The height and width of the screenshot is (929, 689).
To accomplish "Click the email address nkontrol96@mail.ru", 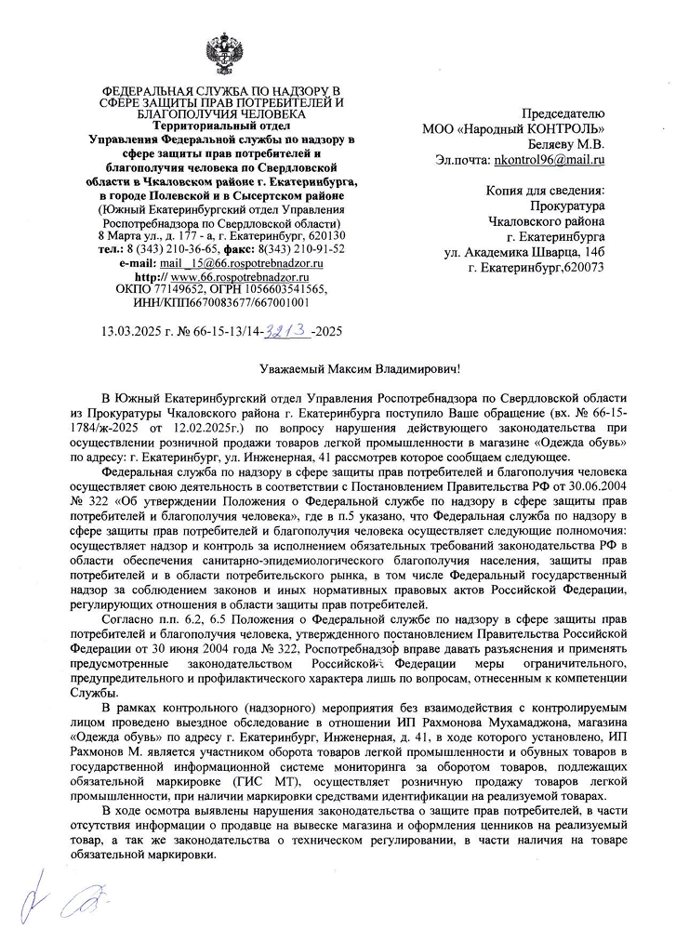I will click(549, 160).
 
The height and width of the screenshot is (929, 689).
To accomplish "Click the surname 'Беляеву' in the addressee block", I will click(551, 144).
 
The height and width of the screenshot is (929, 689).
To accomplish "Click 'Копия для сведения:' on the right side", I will click(545, 191).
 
